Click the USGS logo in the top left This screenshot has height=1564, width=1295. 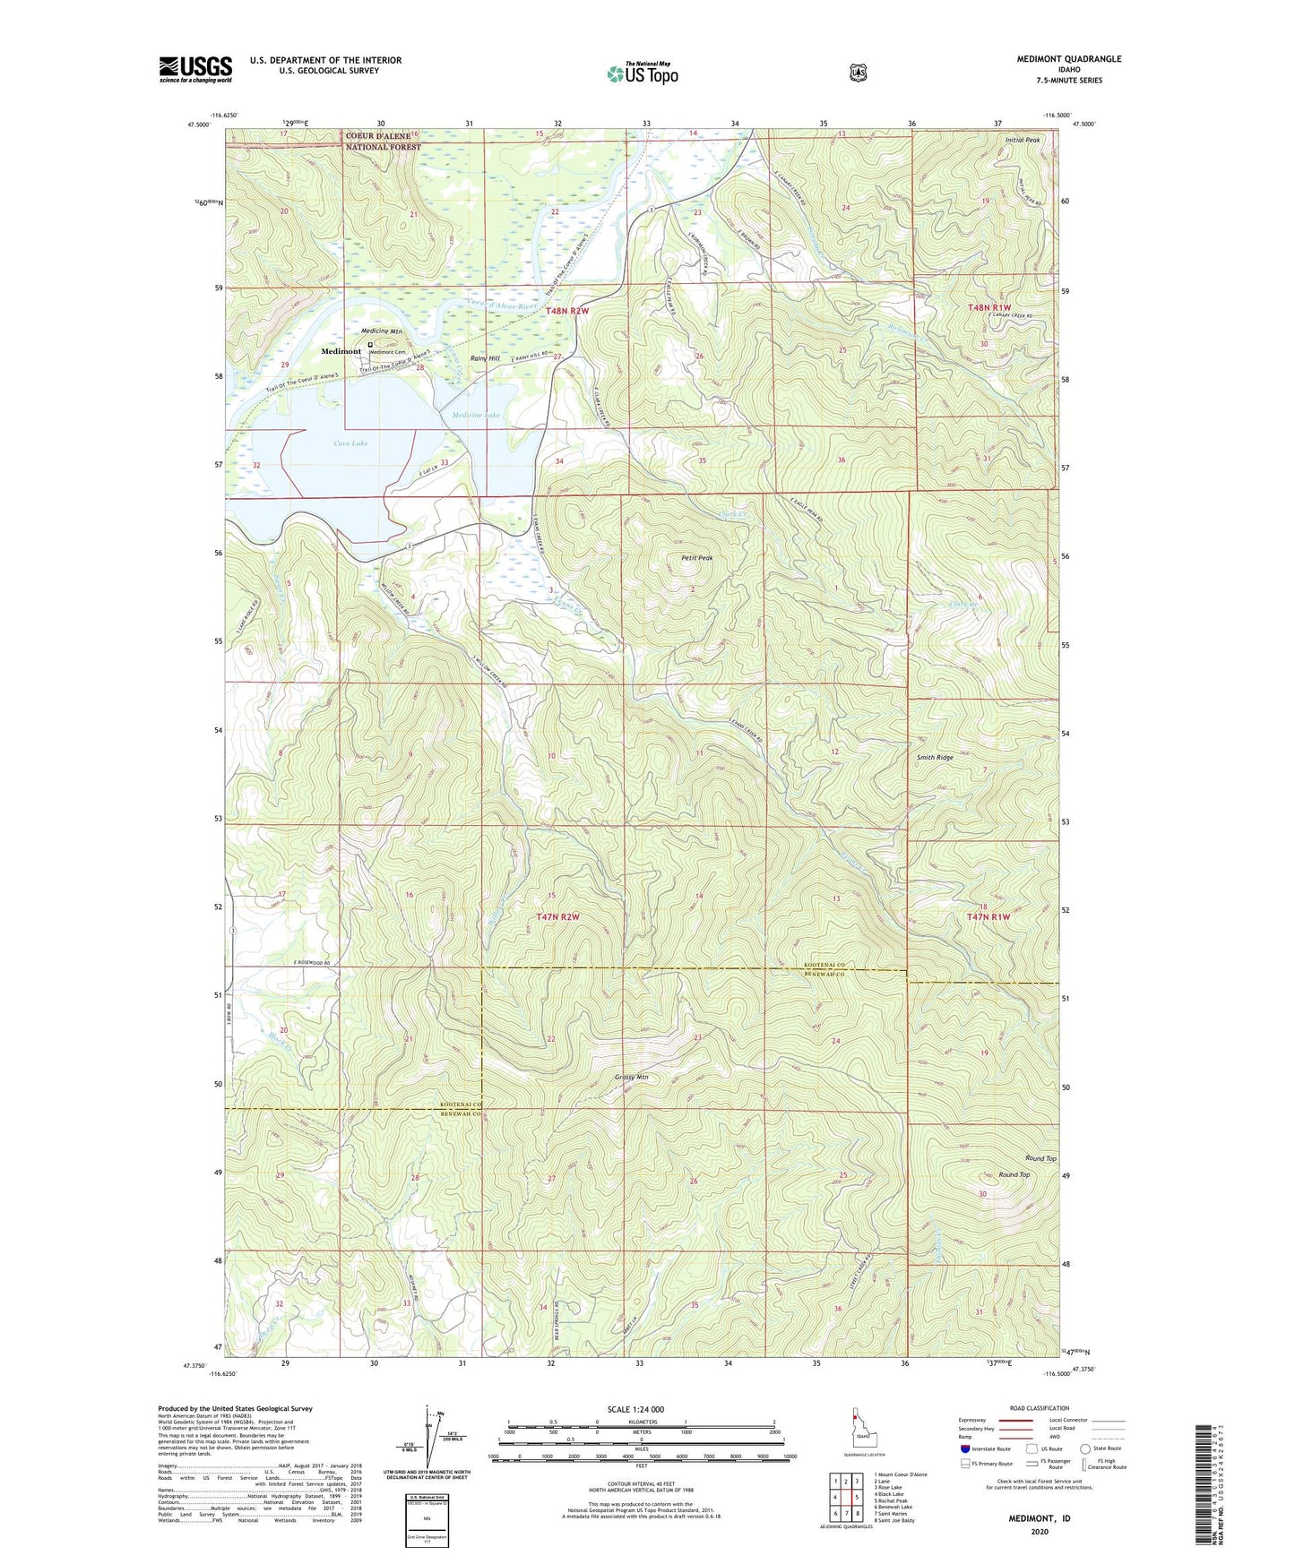pyautogui.click(x=195, y=69)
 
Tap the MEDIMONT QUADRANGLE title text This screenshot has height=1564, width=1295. pyautogui.click(x=1068, y=59)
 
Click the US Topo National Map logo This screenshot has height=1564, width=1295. pyautogui.click(x=642, y=73)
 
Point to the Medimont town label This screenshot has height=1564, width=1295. pyautogui.click(x=341, y=351)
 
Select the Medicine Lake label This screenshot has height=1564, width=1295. pyautogui.click(x=476, y=416)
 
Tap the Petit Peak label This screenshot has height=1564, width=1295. pyautogui.click(x=696, y=558)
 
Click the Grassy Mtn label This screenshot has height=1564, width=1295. pyautogui.click(x=631, y=1077)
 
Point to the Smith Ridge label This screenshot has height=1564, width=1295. pyautogui.click(x=934, y=757)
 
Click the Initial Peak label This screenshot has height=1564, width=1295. pyautogui.click(x=1022, y=141)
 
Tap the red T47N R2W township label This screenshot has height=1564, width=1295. pyautogui.click(x=557, y=917)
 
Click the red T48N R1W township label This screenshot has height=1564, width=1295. pyautogui.click(x=989, y=307)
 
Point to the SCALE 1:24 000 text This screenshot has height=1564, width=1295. pyautogui.click(x=635, y=1409)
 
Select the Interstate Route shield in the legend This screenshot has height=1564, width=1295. pyautogui.click(x=964, y=1448)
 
